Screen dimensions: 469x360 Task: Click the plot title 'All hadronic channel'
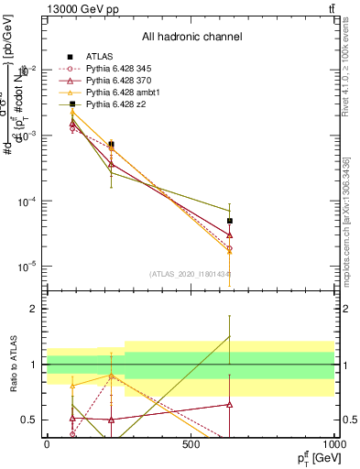click(191, 37)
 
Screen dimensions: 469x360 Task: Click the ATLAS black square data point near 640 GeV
click(230, 221)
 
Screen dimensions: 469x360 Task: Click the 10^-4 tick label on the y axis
click(28, 202)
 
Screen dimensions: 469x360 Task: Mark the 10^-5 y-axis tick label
click(28, 267)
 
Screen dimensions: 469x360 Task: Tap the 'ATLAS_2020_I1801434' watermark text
click(190, 273)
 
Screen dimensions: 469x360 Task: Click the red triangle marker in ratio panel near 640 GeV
click(230, 404)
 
